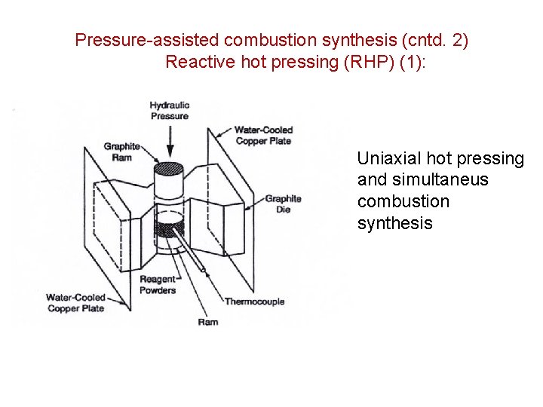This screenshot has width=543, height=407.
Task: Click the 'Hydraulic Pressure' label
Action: coord(169,111)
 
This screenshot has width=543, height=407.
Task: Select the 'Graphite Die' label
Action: coord(283,203)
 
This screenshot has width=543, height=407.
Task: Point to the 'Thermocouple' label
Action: coord(254,301)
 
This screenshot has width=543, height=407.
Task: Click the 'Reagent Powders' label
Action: coord(158,285)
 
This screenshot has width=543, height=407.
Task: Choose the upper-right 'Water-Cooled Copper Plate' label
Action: coord(262,135)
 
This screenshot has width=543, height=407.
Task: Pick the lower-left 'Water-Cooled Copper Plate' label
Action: coord(75,302)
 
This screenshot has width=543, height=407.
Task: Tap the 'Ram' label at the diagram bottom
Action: coord(207,322)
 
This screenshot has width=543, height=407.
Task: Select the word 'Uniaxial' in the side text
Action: coord(389,158)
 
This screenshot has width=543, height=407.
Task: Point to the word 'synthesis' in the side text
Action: coord(394,224)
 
